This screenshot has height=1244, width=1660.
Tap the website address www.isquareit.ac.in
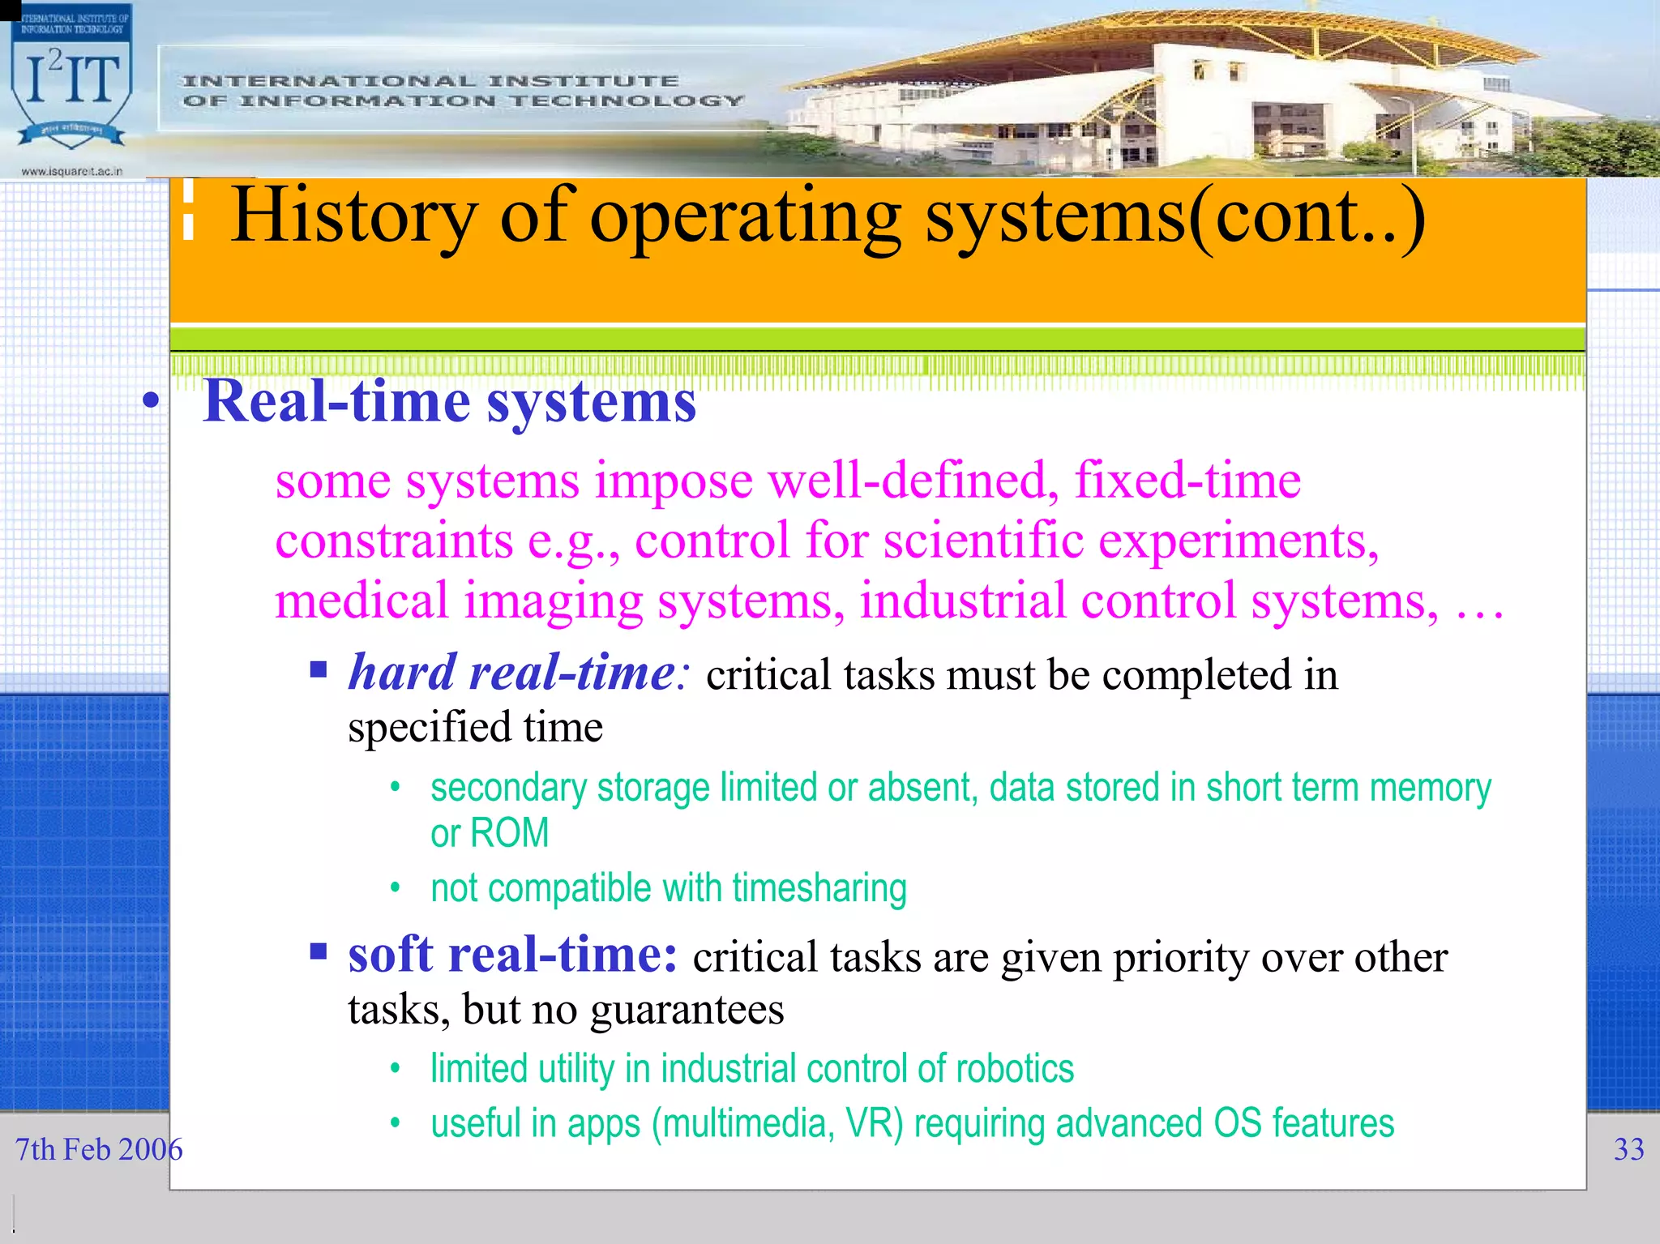pos(71,171)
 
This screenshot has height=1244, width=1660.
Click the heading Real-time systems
pos(449,401)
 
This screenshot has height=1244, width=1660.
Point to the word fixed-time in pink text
pos(1187,481)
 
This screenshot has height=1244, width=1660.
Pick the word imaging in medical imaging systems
pos(553,601)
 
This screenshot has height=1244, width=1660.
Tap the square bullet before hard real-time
pos(318,669)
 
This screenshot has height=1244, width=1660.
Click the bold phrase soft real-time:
pos(512,955)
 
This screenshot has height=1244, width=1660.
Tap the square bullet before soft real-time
pos(318,951)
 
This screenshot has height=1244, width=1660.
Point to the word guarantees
pos(687,1010)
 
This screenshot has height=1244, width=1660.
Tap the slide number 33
pos(1628,1149)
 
